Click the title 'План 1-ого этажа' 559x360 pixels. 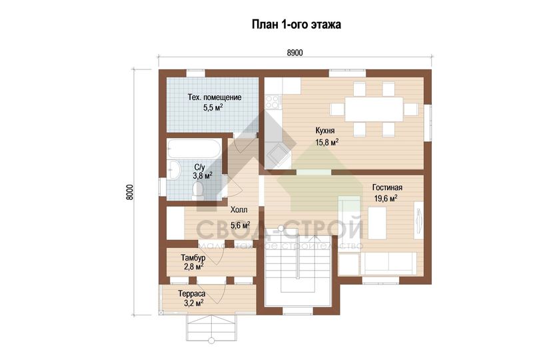tap(296, 24)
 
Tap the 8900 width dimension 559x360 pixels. tap(295, 53)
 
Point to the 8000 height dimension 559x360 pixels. tap(130, 192)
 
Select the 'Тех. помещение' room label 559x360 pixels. tap(215, 97)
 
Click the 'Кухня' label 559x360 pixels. tap(325, 130)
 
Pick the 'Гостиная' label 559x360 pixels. tap(388, 188)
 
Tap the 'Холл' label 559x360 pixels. tap(239, 209)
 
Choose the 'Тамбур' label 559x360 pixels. tap(193, 257)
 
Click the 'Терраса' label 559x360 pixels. tap(192, 294)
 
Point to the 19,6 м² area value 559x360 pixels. tap(386, 199)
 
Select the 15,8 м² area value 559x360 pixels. tap(327, 143)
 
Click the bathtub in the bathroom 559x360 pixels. tap(194, 149)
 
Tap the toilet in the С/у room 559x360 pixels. tap(197, 189)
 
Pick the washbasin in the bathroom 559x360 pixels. tap(175, 170)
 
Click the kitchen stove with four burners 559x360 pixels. tap(273, 101)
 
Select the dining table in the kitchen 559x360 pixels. tap(374, 109)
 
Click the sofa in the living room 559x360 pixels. tap(388, 264)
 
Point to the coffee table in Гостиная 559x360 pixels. tap(377, 224)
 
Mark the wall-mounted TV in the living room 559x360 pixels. tap(418, 220)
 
